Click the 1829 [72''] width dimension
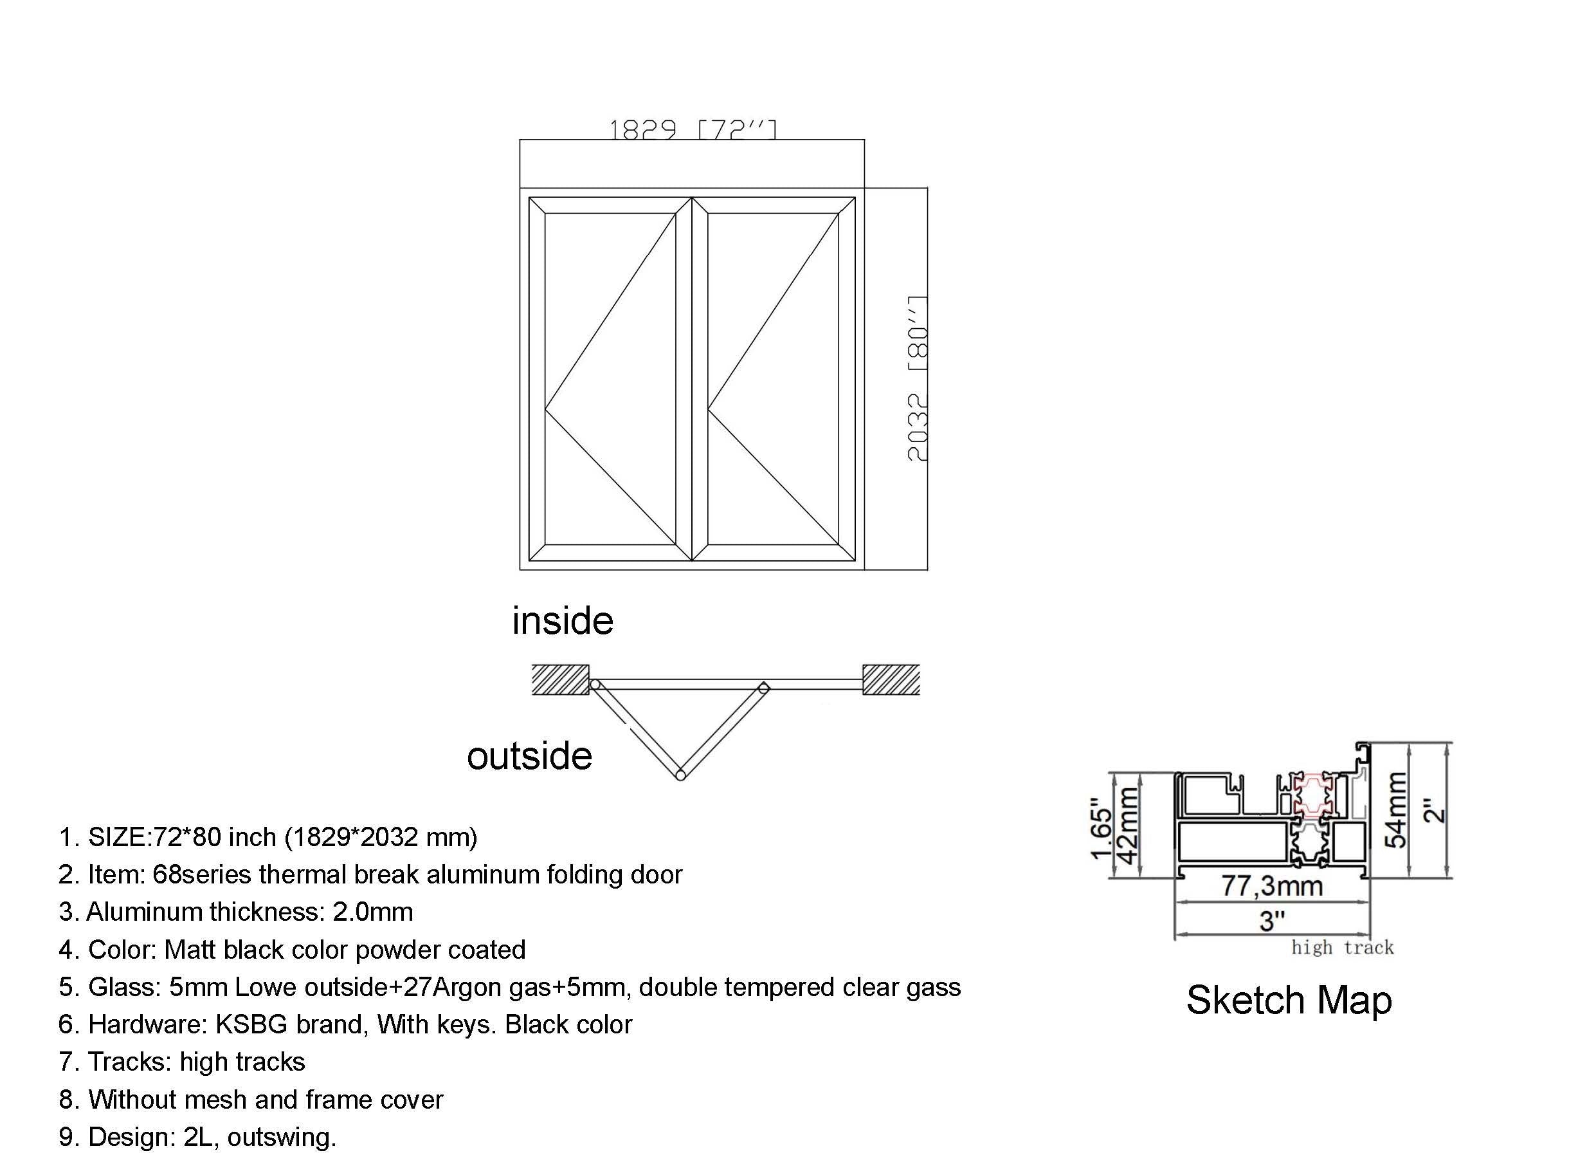point(693,131)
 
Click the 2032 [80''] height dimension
point(918,379)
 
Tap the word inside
point(563,621)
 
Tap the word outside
point(529,756)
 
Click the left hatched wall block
point(560,680)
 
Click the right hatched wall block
point(891,680)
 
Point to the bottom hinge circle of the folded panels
point(680,775)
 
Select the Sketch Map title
point(1289,1000)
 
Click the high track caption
point(1342,947)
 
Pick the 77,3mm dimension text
point(1272,885)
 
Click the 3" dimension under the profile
point(1272,920)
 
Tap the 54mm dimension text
point(1396,809)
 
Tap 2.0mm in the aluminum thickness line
point(372,912)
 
